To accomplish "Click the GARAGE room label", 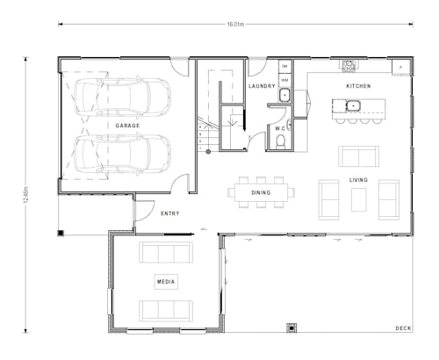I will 127,126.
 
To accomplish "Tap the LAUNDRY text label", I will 263,86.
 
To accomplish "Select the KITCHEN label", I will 358,86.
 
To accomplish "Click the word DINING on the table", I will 261,192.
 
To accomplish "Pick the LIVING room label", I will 358,180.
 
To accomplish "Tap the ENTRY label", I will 170,213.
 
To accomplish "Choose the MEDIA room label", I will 165,282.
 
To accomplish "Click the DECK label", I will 403,328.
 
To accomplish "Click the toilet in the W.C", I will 281,140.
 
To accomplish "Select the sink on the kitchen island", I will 354,106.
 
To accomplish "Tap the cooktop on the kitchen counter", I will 349,65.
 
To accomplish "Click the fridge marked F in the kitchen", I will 401,66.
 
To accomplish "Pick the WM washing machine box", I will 285,79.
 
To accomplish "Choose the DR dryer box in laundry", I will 285,66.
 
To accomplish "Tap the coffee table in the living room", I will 358,199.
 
